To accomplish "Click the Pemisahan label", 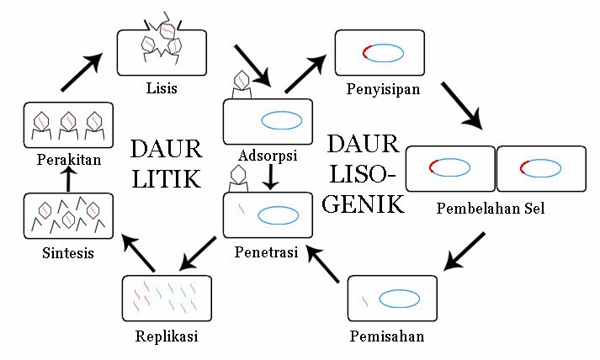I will pos(387,336).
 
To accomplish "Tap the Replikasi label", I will pos(166,336).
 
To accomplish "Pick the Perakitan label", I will pos(63,158).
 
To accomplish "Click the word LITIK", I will pos(166,179).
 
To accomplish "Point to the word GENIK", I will pos(363,204).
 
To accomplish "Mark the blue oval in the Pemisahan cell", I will pos(399,299).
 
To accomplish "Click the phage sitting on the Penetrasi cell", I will pos(240,176).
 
